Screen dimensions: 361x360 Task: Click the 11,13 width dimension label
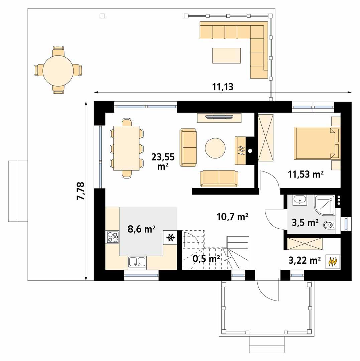[222, 87]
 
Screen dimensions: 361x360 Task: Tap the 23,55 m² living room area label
[163, 161]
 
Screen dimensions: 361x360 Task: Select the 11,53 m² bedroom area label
[306, 174]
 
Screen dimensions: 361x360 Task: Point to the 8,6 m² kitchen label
[141, 229]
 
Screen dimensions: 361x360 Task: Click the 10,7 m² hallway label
[233, 217]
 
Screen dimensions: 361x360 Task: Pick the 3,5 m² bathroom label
[305, 223]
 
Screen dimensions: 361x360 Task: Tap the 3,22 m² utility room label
[305, 260]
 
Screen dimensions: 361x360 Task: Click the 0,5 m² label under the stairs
[206, 258]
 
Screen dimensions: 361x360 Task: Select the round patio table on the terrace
[58, 71]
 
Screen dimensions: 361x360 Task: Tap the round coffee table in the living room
[215, 148]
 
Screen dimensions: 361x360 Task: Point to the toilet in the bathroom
[330, 225]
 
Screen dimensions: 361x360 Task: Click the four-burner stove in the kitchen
[113, 237]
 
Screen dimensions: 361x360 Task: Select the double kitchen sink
[137, 262]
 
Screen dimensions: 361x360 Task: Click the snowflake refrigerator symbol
[170, 237]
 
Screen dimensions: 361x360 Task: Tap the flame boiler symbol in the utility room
[333, 261]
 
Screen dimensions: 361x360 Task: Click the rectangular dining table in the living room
[126, 148]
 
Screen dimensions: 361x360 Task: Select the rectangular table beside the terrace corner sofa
[226, 55]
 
